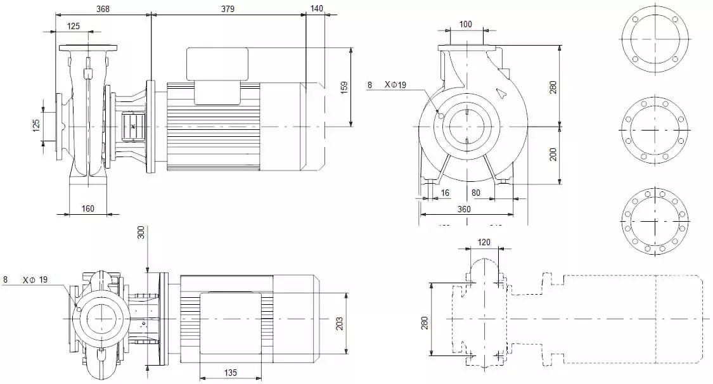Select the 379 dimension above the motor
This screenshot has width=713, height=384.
[228, 9]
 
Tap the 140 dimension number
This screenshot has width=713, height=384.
[316, 9]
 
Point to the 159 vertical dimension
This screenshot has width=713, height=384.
[344, 87]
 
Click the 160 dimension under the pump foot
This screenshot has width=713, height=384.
[89, 208]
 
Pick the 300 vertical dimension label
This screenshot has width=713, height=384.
[141, 233]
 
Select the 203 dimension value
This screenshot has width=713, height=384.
[340, 323]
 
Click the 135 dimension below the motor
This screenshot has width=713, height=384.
[231, 373]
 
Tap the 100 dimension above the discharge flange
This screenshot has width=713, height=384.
[466, 24]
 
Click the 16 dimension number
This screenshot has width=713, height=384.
[445, 193]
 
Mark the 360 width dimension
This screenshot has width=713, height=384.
[465, 208]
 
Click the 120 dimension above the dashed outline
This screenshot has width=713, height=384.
[484, 242]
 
